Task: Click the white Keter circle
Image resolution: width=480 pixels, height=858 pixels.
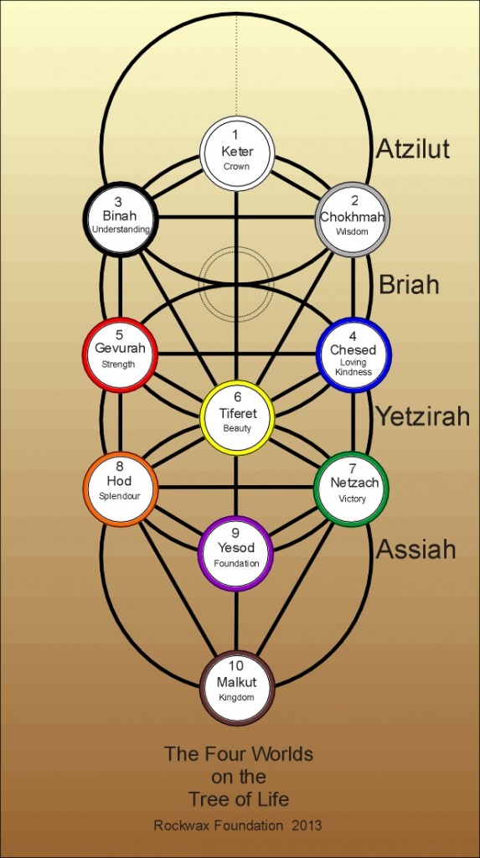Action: coord(236,153)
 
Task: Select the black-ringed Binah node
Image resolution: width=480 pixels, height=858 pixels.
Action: coord(121,219)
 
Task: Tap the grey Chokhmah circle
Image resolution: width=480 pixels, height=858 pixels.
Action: coord(353,219)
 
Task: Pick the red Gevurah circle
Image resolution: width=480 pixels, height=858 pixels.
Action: coord(120,354)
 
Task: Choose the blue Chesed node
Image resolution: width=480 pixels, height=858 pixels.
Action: coord(354,354)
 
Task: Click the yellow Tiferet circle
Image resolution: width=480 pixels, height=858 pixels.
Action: coord(237,418)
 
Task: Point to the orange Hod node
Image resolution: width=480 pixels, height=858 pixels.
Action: coord(121,488)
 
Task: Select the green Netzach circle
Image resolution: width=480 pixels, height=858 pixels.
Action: coord(351,488)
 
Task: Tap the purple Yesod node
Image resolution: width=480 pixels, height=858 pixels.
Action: coord(235,553)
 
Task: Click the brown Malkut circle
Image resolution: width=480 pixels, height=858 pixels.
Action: coord(237,688)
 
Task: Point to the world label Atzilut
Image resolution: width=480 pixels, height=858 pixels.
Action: coord(413,148)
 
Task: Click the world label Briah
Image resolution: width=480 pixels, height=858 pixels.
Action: coord(409,284)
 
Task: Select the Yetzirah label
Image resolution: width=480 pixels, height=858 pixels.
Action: coord(423,417)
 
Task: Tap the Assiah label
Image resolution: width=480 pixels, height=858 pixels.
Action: coord(416,549)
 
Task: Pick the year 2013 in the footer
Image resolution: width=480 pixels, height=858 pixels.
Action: coord(309,825)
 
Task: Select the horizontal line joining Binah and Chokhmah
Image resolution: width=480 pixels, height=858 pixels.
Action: coord(236,217)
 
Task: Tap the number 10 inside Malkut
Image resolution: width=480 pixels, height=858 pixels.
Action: coord(235,666)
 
